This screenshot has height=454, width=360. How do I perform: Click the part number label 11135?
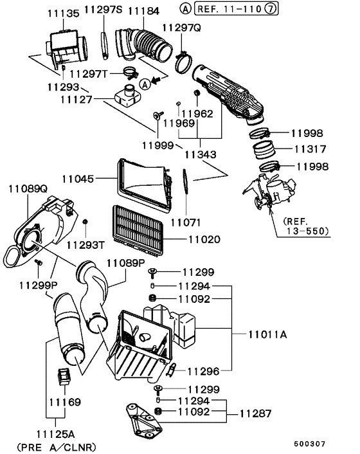coord(63,14)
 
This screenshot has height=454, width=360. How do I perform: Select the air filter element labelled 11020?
coord(138,231)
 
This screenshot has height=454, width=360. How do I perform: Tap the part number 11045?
coord(78,179)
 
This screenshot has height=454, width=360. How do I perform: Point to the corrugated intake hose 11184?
coord(143,45)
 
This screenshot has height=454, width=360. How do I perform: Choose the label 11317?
coord(310,149)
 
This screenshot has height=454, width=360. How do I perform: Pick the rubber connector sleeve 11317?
coord(264,150)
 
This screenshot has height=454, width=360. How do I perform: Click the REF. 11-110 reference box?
coord(236,9)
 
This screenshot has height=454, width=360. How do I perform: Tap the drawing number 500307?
coord(310,444)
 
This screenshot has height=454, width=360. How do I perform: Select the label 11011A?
coord(267,334)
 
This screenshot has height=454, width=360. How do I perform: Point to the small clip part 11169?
coord(65,376)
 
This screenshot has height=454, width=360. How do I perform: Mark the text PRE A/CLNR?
coord(57,448)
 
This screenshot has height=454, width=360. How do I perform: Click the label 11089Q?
coord(28,189)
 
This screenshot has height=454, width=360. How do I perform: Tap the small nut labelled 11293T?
coord(85,222)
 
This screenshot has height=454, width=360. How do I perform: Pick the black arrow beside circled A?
coord(156,80)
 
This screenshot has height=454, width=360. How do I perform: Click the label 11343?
coord(201,154)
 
